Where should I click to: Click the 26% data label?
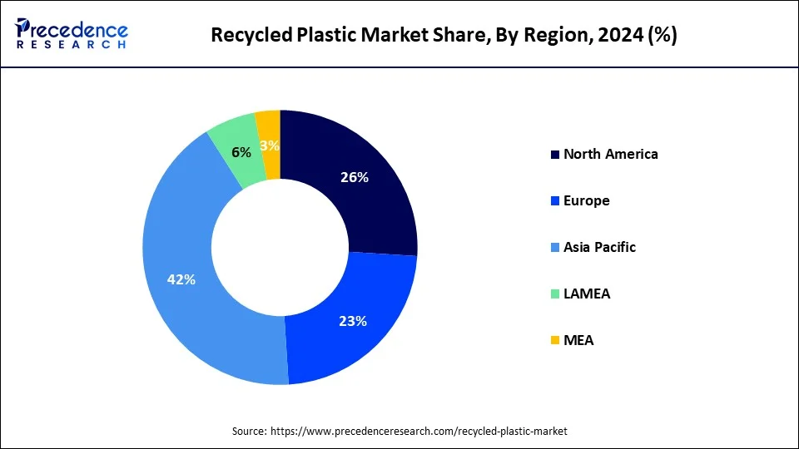(354, 177)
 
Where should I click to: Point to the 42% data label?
(181, 280)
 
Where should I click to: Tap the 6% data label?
(241, 153)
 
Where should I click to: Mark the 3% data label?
(270, 146)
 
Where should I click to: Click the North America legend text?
(610, 154)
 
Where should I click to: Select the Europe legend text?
(586, 200)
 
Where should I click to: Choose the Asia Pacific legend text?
(599, 247)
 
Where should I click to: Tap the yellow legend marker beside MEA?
(554, 341)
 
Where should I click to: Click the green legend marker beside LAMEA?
(554, 294)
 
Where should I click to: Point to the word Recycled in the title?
(248, 35)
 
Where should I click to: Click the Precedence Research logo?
(71, 34)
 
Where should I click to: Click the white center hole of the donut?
(280, 247)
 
